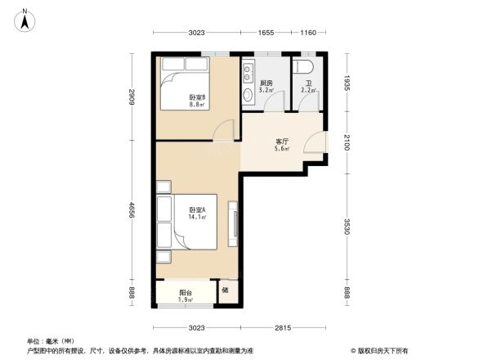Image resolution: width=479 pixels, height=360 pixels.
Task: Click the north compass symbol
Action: point(25,19)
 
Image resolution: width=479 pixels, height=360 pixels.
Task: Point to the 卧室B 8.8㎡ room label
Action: point(197,100)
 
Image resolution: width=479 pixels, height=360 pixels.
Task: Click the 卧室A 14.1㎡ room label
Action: point(197,214)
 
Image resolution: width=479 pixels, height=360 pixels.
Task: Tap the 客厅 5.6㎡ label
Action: point(283,144)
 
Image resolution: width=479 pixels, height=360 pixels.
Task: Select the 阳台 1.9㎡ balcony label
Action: point(186,296)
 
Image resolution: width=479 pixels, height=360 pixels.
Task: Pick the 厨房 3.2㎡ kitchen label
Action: point(266,87)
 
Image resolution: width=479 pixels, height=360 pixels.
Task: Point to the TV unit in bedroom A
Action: point(235,223)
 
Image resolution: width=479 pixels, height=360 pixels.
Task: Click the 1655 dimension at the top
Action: point(267,33)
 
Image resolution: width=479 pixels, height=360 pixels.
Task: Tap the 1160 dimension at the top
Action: point(307,33)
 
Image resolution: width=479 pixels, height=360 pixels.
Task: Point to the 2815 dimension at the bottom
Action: point(283,328)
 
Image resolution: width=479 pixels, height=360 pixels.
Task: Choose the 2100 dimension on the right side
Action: point(347,141)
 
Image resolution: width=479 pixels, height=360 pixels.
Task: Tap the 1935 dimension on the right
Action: point(347,83)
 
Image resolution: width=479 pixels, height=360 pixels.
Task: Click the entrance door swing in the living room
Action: point(315,144)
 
